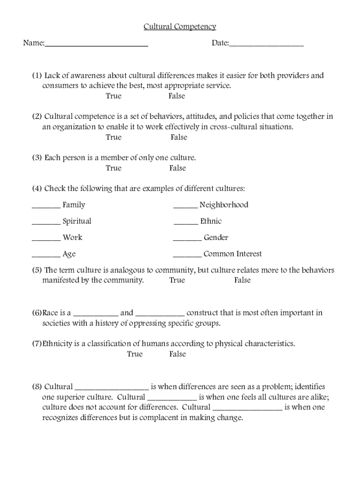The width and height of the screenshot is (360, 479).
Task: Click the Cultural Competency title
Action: tap(180, 27)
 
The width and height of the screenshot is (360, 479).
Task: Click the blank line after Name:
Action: tap(97, 45)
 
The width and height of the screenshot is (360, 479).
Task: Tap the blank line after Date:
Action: tap(266, 45)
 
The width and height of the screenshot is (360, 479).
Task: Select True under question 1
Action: tap(114, 96)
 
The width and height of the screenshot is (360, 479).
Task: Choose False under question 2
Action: tap(179, 138)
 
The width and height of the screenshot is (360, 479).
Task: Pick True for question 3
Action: tap(114, 168)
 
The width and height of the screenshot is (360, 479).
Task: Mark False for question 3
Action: tap(178, 168)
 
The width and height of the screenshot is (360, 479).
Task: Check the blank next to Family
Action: tap(46, 207)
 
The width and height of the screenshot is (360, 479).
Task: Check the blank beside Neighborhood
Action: tap(186, 207)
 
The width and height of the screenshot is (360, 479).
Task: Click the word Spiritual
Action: tap(77, 221)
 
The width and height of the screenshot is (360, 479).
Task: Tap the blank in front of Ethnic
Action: tap(186, 224)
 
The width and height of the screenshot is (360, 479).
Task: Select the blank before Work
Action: tap(46, 240)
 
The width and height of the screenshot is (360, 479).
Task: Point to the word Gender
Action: tap(216, 238)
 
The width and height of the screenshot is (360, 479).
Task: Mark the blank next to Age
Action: tap(46, 256)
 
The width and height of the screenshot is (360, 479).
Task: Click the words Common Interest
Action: tap(232, 254)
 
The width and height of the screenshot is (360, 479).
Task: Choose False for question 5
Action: tap(243, 281)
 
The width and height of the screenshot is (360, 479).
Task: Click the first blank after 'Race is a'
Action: tap(96, 315)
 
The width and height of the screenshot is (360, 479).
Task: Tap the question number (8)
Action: tap(37, 387)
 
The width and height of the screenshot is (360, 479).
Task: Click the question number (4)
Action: tap(37, 189)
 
